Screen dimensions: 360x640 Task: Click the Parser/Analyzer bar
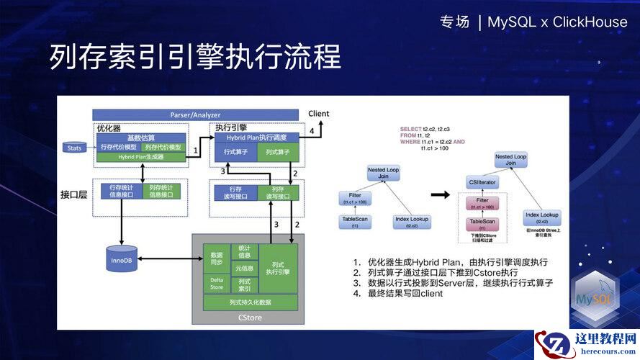coord(195,114)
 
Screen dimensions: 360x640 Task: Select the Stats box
coord(73,148)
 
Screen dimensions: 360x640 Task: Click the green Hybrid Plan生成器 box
coord(141,156)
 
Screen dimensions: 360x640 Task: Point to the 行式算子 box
coord(235,153)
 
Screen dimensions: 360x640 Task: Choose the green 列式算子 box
coord(277,153)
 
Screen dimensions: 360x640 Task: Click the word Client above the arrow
coord(318,114)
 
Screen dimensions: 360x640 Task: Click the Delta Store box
coord(217,284)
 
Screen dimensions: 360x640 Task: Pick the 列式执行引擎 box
coord(277,267)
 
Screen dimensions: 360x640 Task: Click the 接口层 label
coord(73,194)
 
